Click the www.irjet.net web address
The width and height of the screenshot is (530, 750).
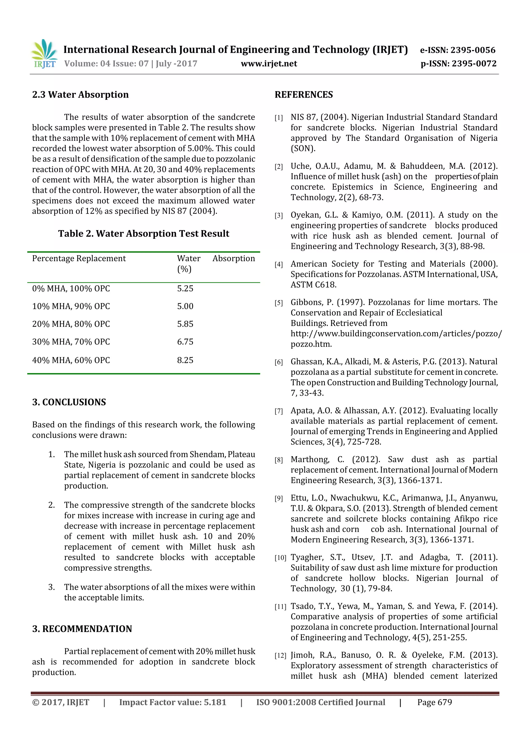pos(269,63)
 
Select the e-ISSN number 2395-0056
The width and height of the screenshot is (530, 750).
pos(473,50)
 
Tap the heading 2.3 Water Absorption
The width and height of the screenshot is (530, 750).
pos(80,95)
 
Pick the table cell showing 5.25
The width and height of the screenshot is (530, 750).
pos(185,288)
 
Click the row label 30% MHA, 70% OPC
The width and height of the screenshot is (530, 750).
pos(71,342)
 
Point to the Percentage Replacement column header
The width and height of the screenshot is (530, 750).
pos(79,258)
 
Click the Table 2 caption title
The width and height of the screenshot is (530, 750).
pos(143,234)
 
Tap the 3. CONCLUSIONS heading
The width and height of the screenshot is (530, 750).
pos(69,402)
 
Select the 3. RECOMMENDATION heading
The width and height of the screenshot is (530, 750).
pos(82,629)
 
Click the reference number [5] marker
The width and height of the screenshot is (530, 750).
pos(278,303)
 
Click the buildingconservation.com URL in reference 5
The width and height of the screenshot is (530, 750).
pos(396,333)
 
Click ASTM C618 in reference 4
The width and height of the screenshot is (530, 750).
pos(313,285)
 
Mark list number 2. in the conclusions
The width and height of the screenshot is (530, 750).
pos(51,505)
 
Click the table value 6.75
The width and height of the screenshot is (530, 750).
pos(185,342)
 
